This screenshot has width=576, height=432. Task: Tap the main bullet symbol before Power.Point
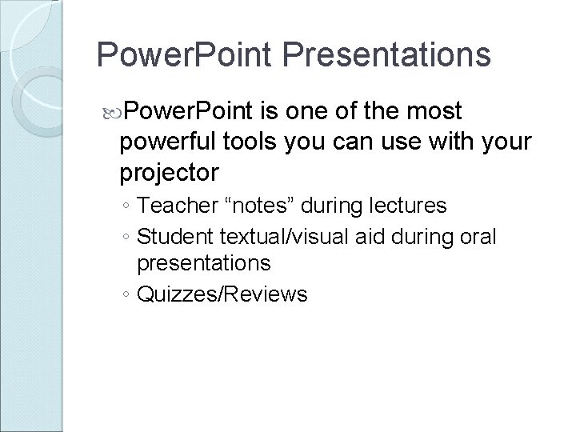[x=109, y=110]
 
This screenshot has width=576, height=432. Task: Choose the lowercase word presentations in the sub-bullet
[x=204, y=262]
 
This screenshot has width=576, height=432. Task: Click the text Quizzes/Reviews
[x=222, y=295]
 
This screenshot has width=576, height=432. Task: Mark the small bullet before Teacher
[x=127, y=207]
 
